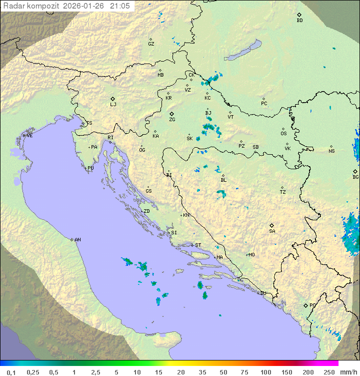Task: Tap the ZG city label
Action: (172, 120)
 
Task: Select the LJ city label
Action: (113, 105)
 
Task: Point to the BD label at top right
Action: (299, 21)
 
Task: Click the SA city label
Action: (272, 231)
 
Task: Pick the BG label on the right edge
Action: (355, 177)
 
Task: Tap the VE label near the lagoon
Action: (29, 136)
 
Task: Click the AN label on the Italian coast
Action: (77, 240)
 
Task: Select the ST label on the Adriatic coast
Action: (198, 245)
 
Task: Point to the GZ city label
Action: (151, 44)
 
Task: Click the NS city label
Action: (331, 151)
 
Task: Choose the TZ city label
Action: (283, 192)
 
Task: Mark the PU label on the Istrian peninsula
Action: (90, 168)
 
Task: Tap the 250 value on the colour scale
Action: (329, 372)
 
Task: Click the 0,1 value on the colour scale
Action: (11, 372)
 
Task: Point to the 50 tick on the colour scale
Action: (223, 372)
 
